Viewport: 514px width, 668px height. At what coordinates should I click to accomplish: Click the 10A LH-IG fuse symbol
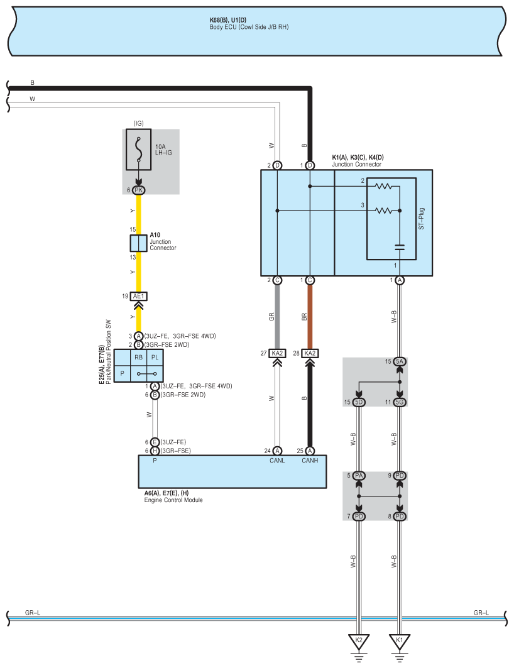point(139,150)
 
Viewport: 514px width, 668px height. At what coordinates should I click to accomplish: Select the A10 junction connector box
point(139,243)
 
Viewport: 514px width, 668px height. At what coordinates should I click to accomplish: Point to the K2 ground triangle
point(359,641)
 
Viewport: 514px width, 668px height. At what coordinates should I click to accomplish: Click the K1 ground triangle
point(398,641)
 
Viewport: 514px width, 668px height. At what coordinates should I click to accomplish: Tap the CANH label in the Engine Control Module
point(310,460)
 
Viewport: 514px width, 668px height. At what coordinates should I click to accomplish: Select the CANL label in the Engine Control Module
point(277,460)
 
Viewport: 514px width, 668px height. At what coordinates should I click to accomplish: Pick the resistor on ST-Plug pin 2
point(384,187)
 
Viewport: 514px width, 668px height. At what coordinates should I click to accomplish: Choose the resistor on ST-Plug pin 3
point(384,211)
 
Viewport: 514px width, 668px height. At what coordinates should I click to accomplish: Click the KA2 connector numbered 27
point(277,353)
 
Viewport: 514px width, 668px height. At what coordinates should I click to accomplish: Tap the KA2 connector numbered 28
point(310,353)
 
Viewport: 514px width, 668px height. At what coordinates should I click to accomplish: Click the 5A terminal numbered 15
point(400,361)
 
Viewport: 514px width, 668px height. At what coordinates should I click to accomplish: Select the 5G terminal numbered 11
point(400,402)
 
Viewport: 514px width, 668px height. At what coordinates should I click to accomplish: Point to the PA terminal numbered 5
point(359,476)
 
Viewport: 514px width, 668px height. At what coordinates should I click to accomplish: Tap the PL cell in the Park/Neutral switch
point(155,357)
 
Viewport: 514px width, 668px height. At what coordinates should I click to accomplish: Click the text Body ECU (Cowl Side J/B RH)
point(249,28)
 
